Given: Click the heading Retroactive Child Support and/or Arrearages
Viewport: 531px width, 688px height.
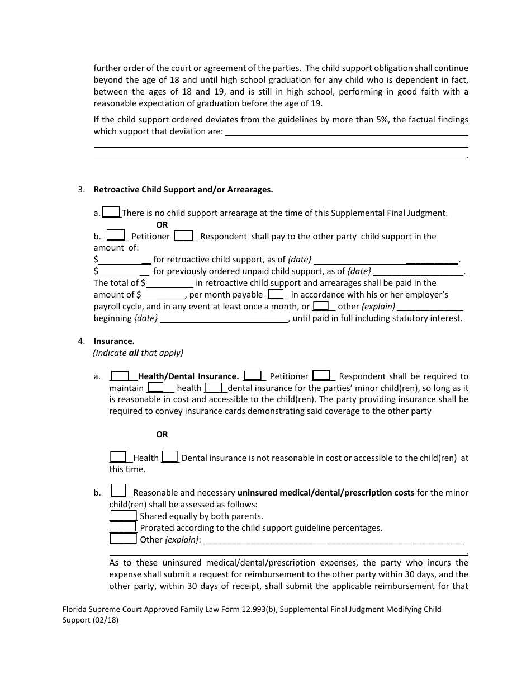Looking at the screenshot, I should tap(183, 190).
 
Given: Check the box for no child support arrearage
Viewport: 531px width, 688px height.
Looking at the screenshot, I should tap(111, 212).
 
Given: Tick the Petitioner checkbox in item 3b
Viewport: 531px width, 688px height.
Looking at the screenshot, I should tap(116, 235).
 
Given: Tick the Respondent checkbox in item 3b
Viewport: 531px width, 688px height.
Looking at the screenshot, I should tap(184, 235).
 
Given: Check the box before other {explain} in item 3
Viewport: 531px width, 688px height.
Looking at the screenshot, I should tap(321, 306).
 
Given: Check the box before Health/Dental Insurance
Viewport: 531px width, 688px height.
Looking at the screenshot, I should tap(120, 376).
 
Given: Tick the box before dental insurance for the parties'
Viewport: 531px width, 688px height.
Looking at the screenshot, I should tap(215, 387).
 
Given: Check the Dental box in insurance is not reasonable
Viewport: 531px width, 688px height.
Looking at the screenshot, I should tap(170, 457).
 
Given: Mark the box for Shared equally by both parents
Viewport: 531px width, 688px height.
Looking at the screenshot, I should tap(123, 516).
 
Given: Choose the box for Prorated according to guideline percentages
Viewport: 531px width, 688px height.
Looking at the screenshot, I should tap(123, 527).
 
